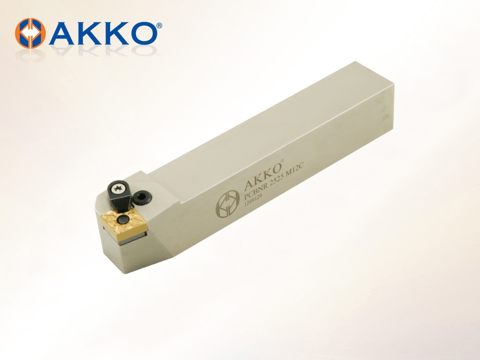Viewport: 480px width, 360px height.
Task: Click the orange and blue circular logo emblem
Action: (x=30, y=33)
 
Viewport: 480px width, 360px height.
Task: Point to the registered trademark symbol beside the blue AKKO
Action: (x=159, y=25)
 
